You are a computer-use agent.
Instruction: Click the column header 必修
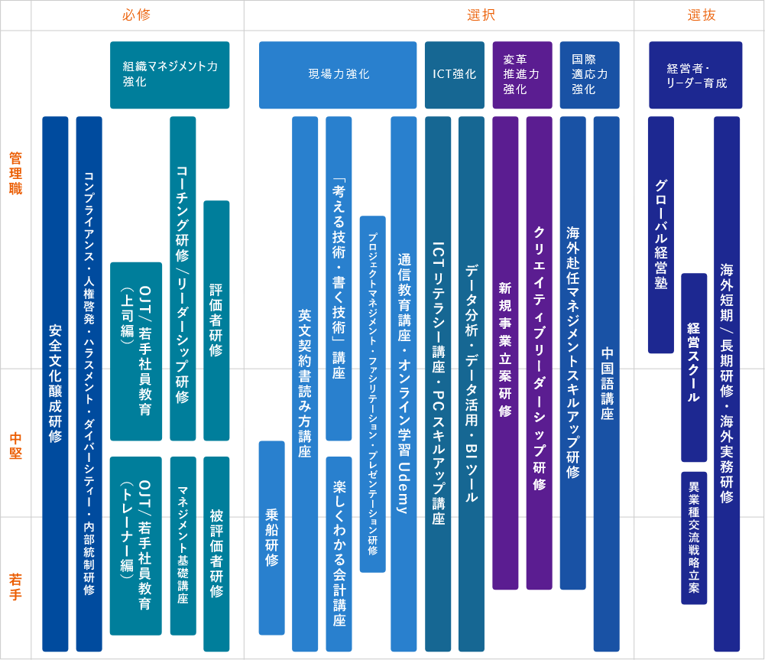pos(137,15)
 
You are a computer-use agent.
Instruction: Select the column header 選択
pos(481,15)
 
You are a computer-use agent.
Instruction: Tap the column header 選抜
pos(702,15)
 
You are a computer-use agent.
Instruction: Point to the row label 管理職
pos(15,174)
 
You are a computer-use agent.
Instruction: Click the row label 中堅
pos(15,446)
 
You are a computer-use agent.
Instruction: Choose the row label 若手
pos(15,587)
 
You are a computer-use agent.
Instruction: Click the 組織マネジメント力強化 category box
pos(170,75)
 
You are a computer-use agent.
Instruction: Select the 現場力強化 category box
pos(338,75)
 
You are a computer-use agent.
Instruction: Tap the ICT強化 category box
pos(455,75)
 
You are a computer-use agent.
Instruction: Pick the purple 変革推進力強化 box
pos(523,75)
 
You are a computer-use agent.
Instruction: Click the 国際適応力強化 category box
pos(590,75)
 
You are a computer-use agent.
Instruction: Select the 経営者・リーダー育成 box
pos(695,75)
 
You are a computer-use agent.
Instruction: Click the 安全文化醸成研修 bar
pos(55,384)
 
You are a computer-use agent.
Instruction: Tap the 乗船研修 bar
pos(272,538)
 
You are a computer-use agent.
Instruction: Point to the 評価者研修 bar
pos(216,320)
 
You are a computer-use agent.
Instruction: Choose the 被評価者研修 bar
pos(216,554)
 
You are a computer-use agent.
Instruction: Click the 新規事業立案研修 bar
pos(505,353)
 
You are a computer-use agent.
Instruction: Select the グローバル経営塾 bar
pos(661,235)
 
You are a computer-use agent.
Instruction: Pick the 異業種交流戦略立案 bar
pos(694,538)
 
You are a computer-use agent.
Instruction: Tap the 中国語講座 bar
pos(607,384)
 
